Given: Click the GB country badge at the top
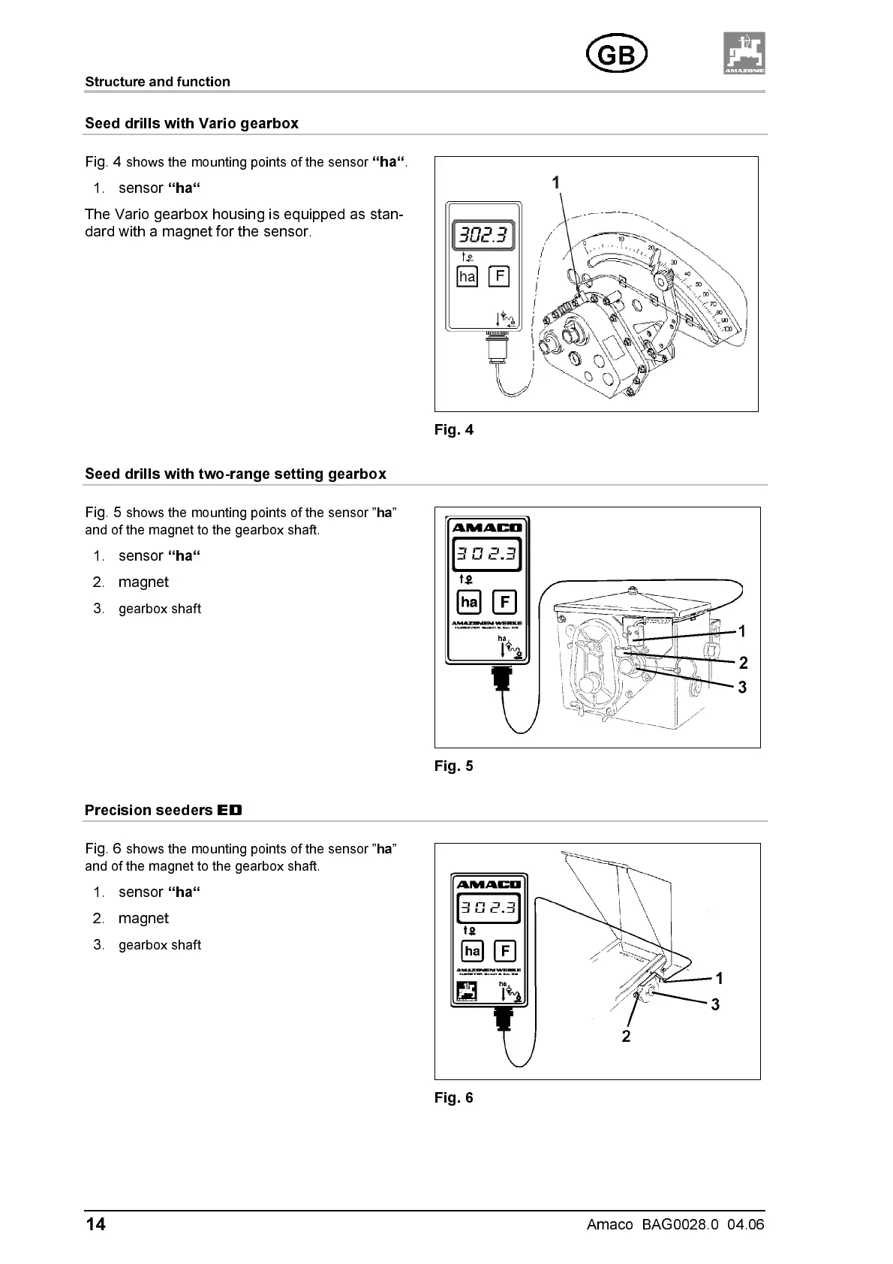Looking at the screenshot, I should (616, 55).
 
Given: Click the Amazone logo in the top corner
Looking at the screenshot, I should (744, 53).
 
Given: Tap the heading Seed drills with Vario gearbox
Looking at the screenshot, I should (191, 124).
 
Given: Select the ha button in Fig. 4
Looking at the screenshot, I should (468, 277).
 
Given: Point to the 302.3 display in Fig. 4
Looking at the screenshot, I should (483, 236).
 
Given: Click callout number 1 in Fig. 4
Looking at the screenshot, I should (555, 182).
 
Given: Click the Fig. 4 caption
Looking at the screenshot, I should (454, 430).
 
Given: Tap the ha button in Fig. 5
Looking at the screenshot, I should (469, 602).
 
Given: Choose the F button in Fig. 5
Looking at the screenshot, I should (504, 602).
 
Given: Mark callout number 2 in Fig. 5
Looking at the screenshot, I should (743, 663).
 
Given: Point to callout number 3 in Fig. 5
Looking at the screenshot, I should (742, 688).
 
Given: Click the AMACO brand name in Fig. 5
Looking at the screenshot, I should (486, 528).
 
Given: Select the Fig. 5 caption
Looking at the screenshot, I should (454, 766).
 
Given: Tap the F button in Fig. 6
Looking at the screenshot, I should (504, 952).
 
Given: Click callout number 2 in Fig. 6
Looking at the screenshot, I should (626, 1037).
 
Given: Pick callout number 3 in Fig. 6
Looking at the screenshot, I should (715, 1004).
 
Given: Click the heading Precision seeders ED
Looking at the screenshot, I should (164, 811).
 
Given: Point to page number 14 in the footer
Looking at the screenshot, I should (96, 1225).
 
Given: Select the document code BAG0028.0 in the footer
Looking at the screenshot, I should (680, 1225).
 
